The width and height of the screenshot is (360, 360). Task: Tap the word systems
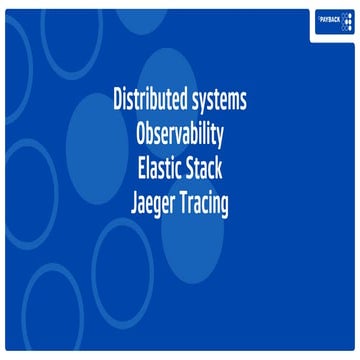tap(219, 103)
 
